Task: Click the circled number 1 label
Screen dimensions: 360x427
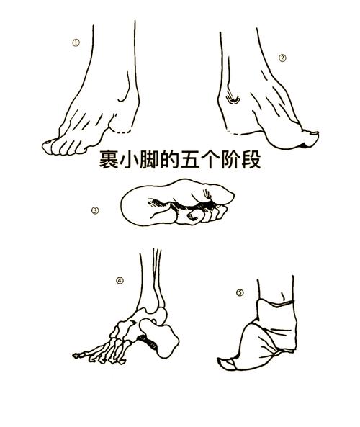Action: (76, 43)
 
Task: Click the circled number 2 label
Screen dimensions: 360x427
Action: (282, 58)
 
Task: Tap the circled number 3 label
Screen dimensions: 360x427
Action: (95, 210)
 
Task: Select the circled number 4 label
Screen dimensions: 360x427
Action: (120, 281)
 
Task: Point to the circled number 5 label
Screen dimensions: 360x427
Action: (240, 292)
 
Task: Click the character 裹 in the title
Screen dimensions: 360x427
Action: (109, 159)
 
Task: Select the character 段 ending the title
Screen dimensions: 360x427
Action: (251, 159)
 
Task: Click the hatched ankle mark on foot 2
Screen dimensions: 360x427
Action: (233, 99)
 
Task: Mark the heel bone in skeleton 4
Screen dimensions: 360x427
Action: (161, 338)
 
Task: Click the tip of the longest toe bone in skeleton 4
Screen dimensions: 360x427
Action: (74, 356)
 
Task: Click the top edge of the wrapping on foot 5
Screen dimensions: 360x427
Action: (276, 302)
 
